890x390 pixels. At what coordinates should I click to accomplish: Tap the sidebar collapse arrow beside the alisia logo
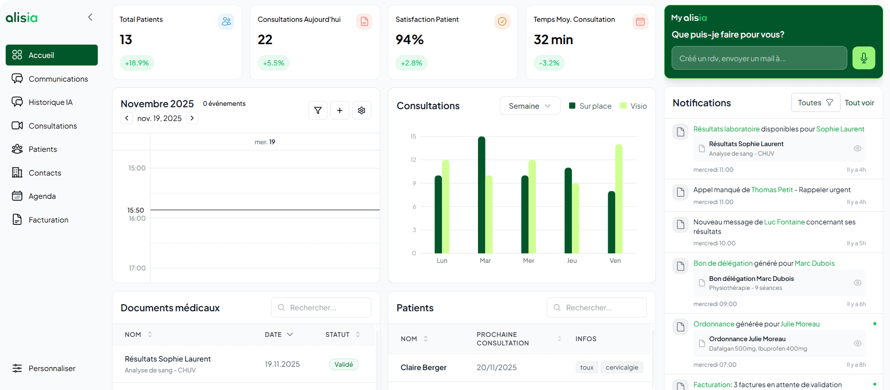click(90, 18)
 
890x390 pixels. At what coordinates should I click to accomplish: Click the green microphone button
click(863, 58)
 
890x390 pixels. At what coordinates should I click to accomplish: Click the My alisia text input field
click(759, 58)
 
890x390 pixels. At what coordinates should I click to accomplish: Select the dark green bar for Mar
click(481, 195)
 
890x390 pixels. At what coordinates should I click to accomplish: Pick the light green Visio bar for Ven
click(619, 198)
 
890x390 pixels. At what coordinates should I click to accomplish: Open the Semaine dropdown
click(530, 106)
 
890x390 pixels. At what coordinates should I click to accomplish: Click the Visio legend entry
click(634, 106)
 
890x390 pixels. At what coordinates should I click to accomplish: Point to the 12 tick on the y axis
click(413, 160)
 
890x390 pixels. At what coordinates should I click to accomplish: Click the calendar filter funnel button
click(318, 111)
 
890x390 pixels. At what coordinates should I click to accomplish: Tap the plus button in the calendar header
click(340, 111)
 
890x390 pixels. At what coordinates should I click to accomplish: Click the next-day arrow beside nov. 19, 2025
click(192, 118)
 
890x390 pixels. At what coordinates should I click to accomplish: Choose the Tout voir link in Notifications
click(859, 103)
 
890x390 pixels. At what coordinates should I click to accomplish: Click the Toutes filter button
click(815, 103)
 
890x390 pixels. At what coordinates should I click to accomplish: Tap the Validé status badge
click(344, 364)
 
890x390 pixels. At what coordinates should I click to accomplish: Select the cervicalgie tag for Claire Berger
click(622, 367)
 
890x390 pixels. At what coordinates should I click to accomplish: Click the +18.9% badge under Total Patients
click(137, 63)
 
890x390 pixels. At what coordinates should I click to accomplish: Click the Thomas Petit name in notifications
click(772, 190)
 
